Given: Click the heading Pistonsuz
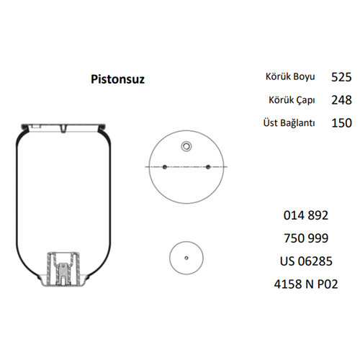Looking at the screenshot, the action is tap(117, 79).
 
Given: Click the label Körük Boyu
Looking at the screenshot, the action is tap(290, 77).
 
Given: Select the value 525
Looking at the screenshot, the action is tap(341, 77).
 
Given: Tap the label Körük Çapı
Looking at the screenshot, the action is tap(292, 100).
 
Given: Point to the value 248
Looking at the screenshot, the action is tap(341, 100).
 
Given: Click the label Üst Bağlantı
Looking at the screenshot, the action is tap(289, 122).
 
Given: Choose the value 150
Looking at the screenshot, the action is tap(341, 123).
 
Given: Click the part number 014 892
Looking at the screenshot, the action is tap(306, 215).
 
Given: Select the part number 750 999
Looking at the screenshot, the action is tap(306, 238).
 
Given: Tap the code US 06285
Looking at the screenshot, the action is tap(306, 261).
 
